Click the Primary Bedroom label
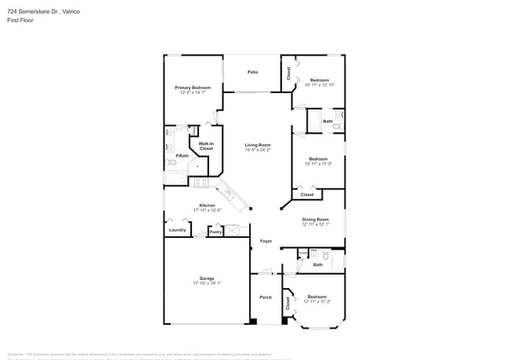coord(193,88)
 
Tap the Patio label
coord(253,72)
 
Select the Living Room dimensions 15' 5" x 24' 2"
coord(258,149)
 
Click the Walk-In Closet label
coord(206,146)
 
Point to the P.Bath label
coord(182,156)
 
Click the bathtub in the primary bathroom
coord(175,179)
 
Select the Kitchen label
coord(207,205)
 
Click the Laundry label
coord(177,230)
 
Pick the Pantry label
coord(215,232)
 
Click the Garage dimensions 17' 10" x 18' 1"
coord(207,283)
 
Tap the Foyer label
coord(266,241)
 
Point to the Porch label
coord(265,297)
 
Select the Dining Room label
coord(316,220)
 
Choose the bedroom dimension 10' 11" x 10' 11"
coord(319,85)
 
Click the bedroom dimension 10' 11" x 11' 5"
coord(318,164)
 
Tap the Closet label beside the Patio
coord(288,73)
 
